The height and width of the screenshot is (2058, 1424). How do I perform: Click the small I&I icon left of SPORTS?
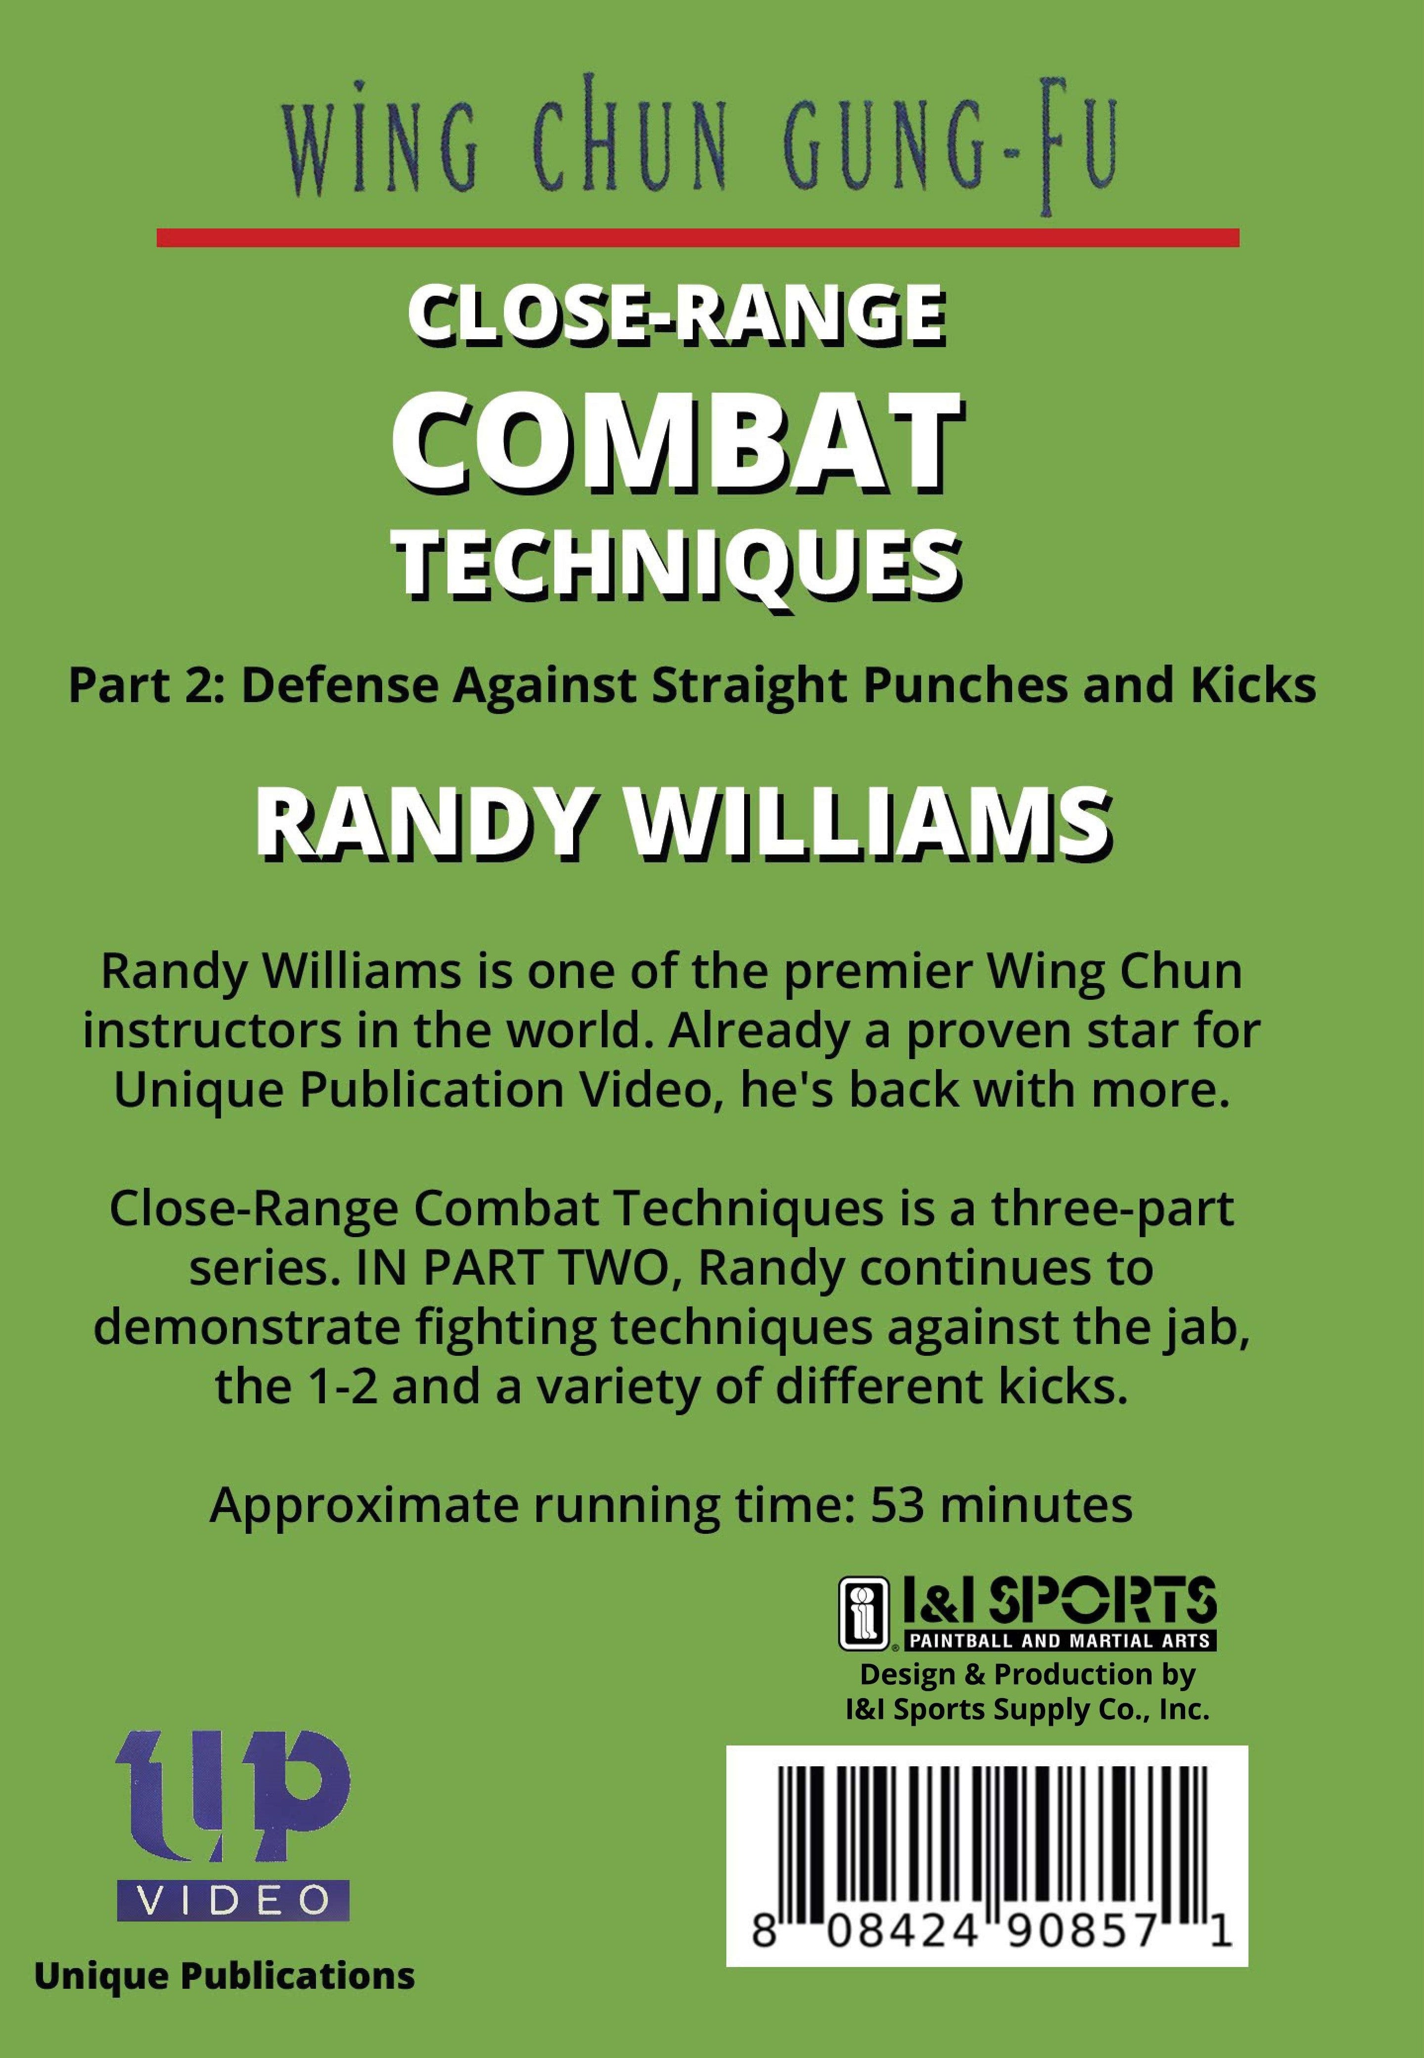point(864,1613)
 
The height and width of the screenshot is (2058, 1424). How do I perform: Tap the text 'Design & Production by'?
point(1027,1675)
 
